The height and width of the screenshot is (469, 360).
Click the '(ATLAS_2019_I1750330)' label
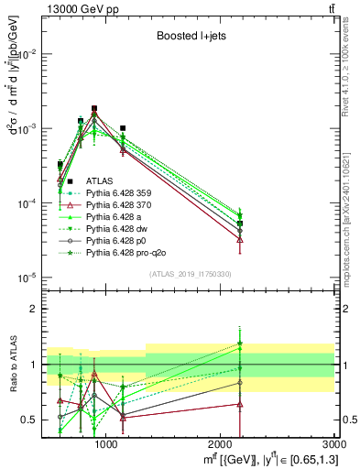[x=190, y=274]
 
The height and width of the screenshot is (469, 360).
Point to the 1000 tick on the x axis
[x=106, y=445]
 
